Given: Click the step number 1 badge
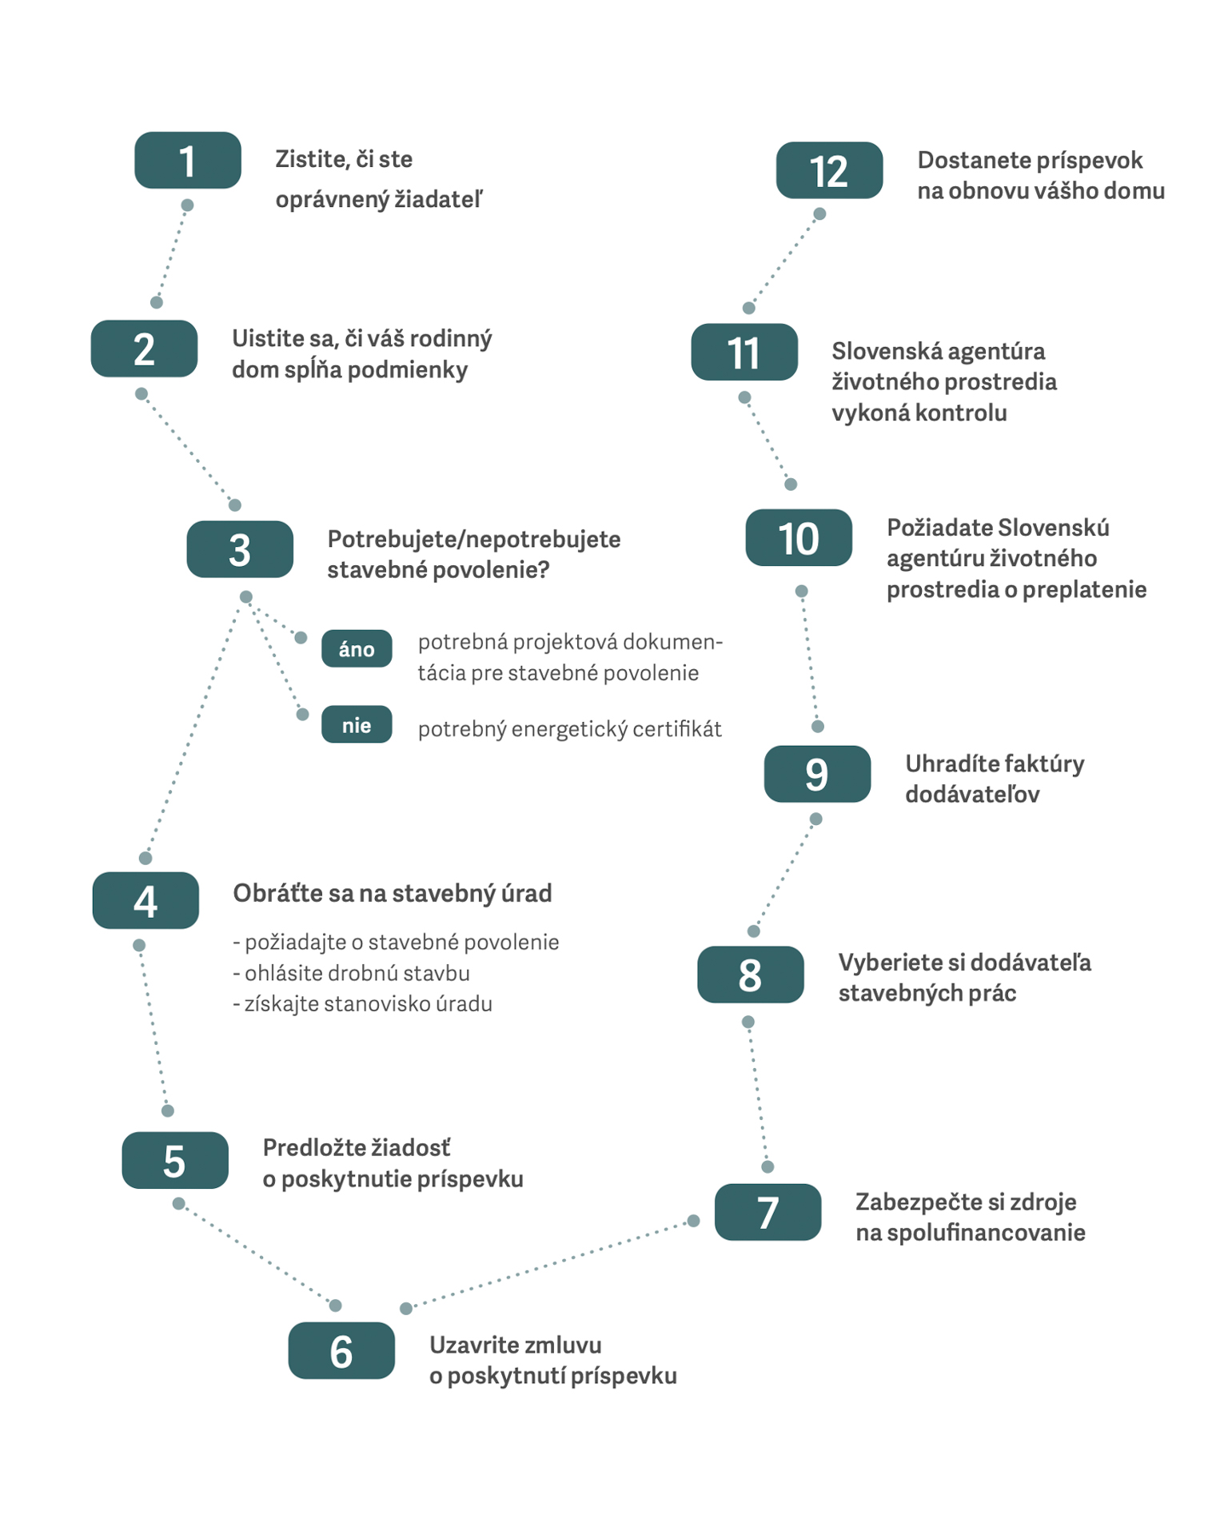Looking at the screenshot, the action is click(x=188, y=161).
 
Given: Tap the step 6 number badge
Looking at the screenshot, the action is click(x=341, y=1350).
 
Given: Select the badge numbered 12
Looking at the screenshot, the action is click(x=829, y=170).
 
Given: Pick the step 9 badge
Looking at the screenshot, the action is click(x=817, y=774).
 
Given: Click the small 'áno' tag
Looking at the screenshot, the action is click(x=357, y=648).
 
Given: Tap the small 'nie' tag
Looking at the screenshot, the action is click(x=357, y=724).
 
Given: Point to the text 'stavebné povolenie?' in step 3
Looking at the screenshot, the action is click(x=438, y=570).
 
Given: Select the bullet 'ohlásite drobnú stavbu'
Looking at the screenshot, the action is click(x=351, y=973).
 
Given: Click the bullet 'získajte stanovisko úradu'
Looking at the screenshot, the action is click(x=362, y=1004).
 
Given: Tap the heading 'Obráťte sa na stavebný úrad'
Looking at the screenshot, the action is click(x=393, y=893).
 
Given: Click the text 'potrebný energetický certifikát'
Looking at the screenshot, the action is click(x=569, y=729).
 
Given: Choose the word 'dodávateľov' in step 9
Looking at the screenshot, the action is click(x=972, y=794).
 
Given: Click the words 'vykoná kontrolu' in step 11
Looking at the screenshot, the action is click(x=919, y=413).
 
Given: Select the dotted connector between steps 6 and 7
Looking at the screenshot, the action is click(x=550, y=1265).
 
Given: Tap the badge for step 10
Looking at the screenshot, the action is click(x=799, y=538).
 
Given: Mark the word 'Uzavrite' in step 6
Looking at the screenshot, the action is click(x=469, y=1345).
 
